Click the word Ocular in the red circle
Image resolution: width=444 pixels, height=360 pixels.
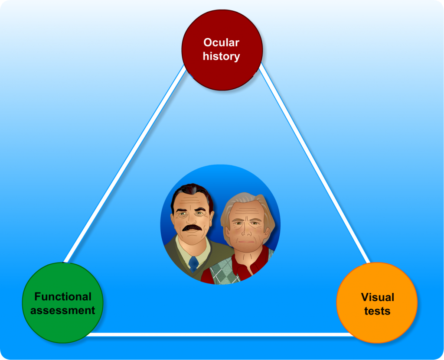tap(221, 42)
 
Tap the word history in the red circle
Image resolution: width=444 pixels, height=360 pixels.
tap(221, 56)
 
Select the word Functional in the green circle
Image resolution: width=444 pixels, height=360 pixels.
tap(63, 297)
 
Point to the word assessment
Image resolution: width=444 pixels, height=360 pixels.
tap(62, 311)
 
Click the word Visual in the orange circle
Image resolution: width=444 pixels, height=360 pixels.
tap(378, 297)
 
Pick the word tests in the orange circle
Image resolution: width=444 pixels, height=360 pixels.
tap(377, 311)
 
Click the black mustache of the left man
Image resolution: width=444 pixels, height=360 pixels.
tap(192, 227)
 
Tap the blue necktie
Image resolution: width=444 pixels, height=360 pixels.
tap(194, 264)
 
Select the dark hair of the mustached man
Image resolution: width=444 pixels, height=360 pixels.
tap(192, 195)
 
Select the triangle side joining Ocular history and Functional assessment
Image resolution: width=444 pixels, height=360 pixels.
tap(124, 164)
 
